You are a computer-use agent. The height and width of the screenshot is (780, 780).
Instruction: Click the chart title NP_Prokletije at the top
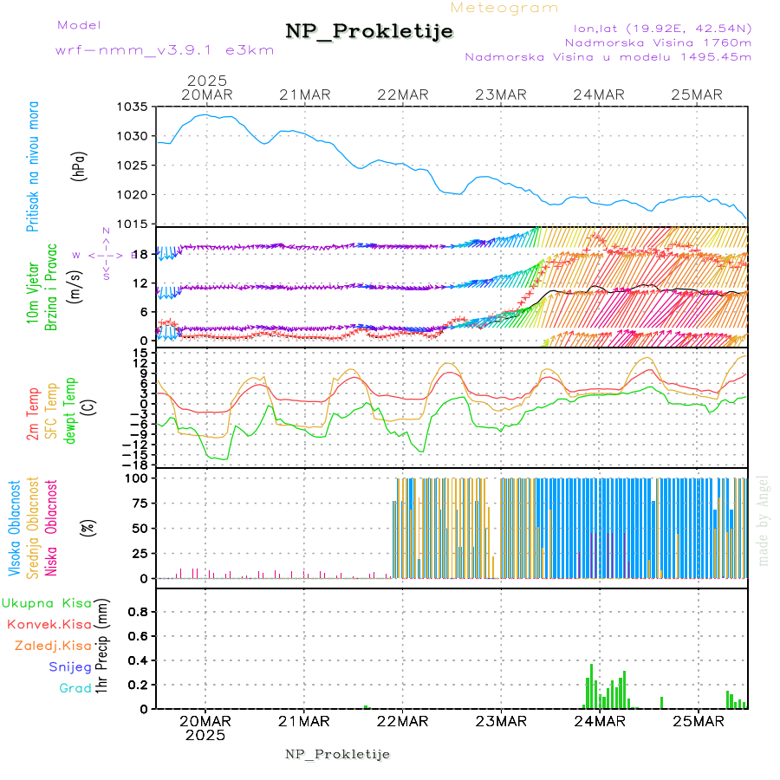pyautogui.click(x=369, y=32)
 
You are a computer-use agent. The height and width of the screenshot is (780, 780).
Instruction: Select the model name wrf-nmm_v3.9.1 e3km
pyautogui.click(x=165, y=50)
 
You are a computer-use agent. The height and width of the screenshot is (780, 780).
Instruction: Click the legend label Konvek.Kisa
pyautogui.click(x=49, y=624)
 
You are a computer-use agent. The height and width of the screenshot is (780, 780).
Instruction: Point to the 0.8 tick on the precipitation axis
pyautogui.click(x=139, y=611)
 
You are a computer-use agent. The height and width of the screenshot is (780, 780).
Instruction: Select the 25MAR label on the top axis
pyautogui.click(x=700, y=94)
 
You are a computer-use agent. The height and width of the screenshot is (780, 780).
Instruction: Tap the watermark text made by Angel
pyautogui.click(x=764, y=520)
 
